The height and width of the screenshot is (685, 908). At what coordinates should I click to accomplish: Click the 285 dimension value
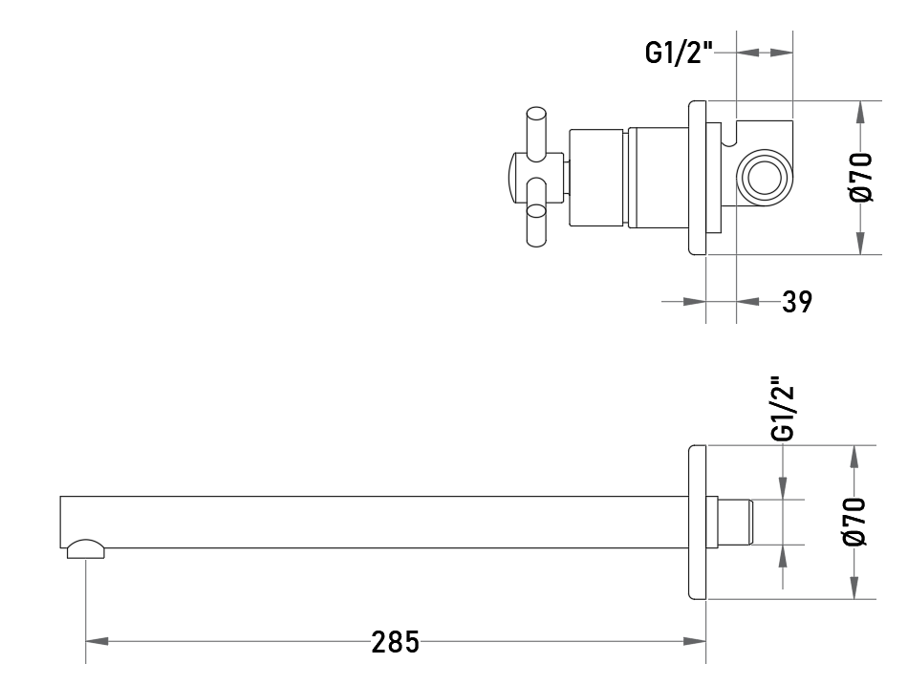[395, 642]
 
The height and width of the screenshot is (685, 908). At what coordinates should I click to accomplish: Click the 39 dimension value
[797, 302]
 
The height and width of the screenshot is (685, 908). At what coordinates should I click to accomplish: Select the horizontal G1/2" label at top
[678, 54]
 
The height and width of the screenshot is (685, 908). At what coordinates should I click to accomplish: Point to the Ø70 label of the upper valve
[861, 177]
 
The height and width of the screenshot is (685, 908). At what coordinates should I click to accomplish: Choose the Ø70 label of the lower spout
[855, 521]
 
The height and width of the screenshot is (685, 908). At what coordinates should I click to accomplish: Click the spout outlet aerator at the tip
[86, 549]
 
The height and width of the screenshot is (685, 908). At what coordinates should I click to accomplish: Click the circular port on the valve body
[764, 178]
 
